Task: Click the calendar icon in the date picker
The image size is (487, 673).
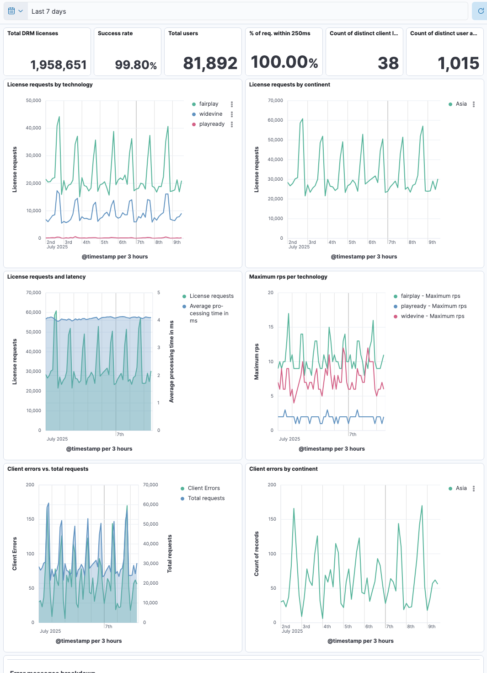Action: pos(11,11)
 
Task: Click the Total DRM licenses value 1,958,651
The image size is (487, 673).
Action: pos(59,65)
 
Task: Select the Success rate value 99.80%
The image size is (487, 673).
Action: pos(136,65)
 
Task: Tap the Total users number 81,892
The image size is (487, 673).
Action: pos(210,63)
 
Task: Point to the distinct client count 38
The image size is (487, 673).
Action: pos(388,63)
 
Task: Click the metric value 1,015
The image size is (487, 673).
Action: pos(458,63)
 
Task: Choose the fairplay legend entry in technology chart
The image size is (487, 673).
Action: pos(209,104)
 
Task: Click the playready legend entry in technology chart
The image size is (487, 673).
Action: pos(212,124)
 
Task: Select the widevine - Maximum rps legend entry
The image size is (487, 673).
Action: pos(432,316)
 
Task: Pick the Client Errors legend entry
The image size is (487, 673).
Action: pos(203,488)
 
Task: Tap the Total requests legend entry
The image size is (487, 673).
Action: pos(206,498)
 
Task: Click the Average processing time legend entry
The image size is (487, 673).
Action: pos(209,313)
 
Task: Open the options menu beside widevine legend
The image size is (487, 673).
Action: pos(232,114)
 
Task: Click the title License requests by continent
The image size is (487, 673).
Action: pos(289,85)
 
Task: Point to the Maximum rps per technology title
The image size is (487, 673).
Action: pos(288,277)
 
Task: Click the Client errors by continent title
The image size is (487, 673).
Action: pos(283,469)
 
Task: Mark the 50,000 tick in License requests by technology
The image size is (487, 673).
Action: pos(33,100)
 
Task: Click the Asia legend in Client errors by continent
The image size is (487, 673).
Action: pos(461,488)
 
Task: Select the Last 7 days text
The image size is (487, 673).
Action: pos(48,11)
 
